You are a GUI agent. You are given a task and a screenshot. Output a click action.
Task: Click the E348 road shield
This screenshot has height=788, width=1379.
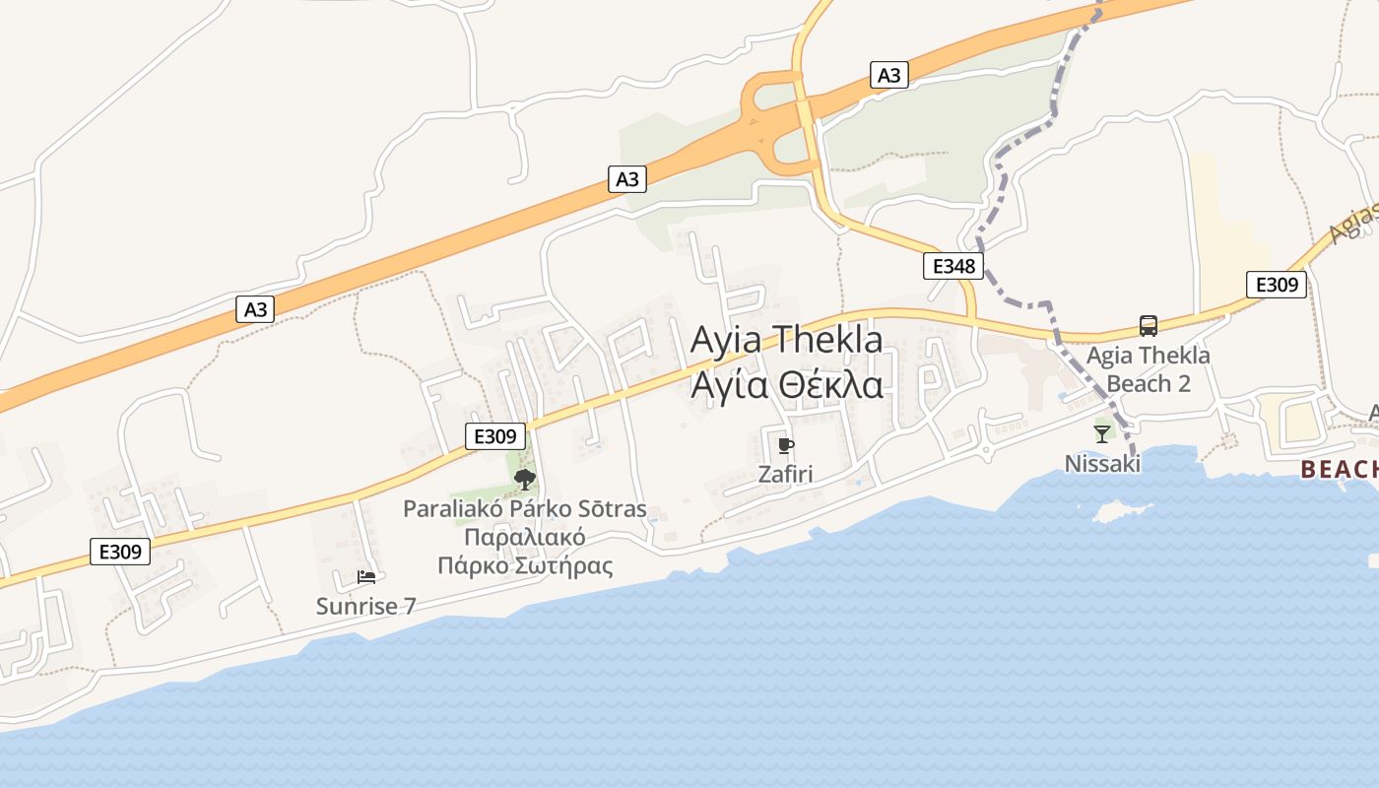952,265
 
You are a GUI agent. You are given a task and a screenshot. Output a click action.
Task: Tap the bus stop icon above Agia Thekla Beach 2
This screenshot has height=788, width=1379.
1149,326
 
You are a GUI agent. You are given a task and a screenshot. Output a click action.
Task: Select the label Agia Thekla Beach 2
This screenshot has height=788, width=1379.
1149,368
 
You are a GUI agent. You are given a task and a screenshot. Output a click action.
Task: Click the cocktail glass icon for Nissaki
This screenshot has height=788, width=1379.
1102,433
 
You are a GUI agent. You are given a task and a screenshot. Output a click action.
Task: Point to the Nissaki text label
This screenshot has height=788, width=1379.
1102,463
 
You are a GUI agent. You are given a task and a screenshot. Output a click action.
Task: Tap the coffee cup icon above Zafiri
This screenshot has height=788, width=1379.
785,446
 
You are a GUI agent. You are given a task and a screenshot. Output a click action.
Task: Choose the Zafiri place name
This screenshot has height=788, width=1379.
785,474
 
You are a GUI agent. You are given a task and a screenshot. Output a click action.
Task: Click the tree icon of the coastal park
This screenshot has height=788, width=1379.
525,480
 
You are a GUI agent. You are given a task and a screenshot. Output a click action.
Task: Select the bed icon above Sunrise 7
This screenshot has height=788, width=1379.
366,577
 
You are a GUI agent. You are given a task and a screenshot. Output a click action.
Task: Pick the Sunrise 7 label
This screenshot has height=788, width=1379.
366,606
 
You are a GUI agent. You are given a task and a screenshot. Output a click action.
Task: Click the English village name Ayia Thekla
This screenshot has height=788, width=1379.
786,340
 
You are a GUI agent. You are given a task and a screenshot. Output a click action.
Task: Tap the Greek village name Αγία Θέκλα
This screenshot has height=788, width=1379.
786,385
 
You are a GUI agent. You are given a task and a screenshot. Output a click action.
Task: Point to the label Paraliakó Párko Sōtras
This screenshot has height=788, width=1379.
525,509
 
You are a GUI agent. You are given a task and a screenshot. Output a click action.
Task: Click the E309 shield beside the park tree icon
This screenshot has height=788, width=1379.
494,436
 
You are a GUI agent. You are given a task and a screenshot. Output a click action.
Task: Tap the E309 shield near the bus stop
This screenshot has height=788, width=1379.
1276,285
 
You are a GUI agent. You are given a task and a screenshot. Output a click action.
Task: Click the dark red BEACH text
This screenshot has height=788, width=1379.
1339,470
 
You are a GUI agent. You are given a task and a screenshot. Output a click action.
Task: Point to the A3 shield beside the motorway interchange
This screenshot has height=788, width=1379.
888,75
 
